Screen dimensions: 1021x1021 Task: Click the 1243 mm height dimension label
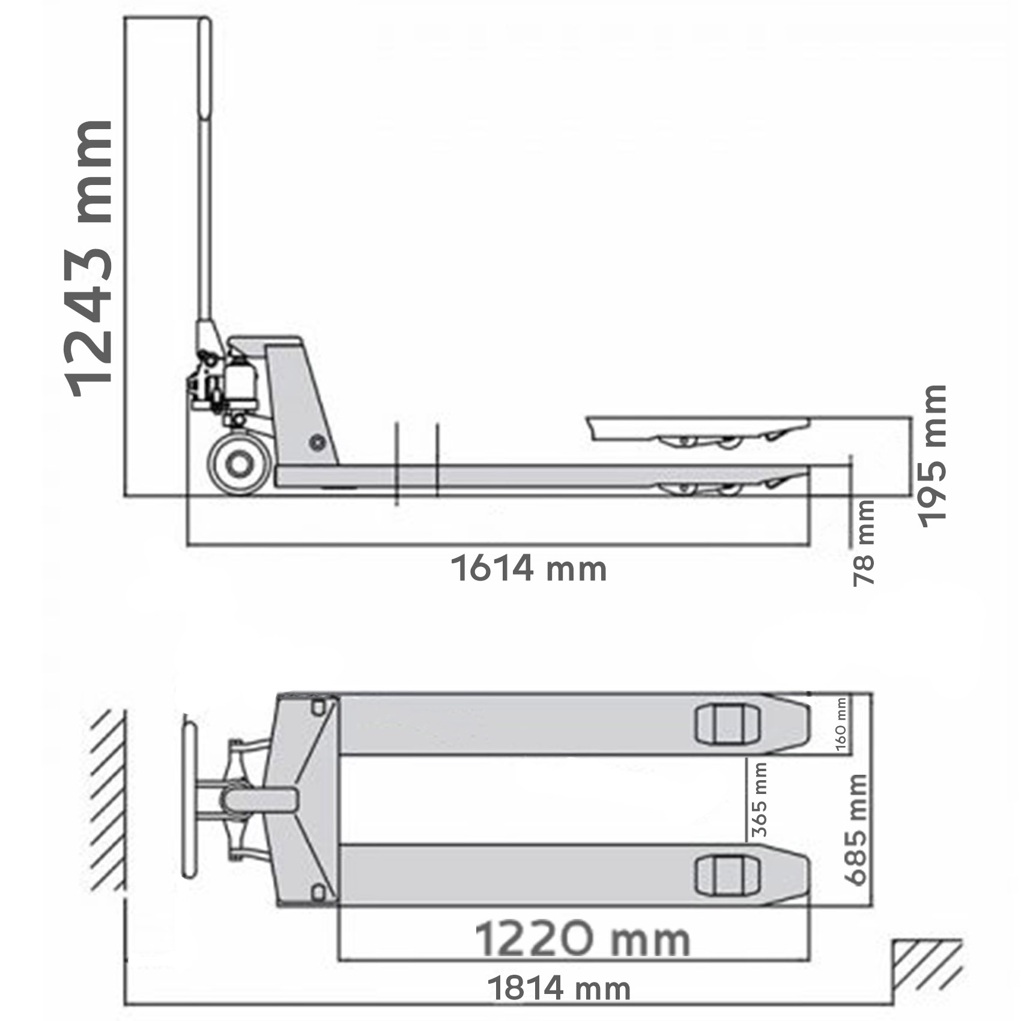tap(90, 259)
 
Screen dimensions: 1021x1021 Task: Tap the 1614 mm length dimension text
tap(529, 568)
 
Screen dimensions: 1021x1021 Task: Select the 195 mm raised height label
tap(933, 456)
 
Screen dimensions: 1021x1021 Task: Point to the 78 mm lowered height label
tap(864, 543)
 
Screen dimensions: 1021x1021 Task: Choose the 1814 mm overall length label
tap(559, 988)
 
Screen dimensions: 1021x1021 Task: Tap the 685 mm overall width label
tap(856, 829)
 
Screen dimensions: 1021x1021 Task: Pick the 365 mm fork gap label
tap(760, 799)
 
